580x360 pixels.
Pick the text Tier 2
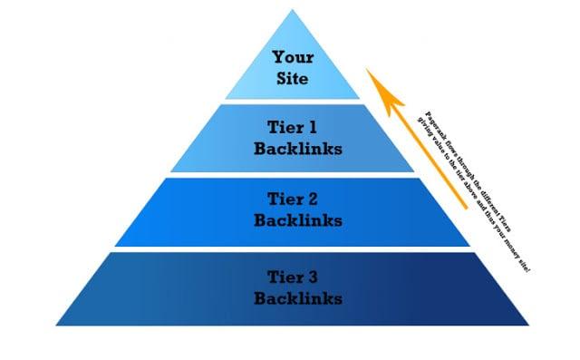[x=289, y=198]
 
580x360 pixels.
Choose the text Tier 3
[x=289, y=275]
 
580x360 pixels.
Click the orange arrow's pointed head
[x=373, y=74]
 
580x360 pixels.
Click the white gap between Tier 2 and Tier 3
[x=290, y=248]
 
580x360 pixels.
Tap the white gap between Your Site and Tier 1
[x=290, y=102]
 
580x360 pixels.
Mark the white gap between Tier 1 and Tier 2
[x=290, y=174]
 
